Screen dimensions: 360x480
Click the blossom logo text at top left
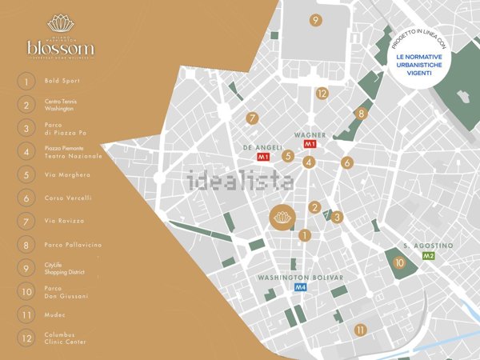click(60, 48)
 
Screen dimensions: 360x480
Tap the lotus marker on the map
click(282, 218)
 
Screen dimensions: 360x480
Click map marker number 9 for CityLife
click(316, 21)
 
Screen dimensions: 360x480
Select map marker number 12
click(322, 94)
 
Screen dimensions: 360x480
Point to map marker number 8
click(362, 114)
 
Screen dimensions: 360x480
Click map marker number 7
click(253, 118)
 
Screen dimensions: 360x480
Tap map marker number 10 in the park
click(400, 262)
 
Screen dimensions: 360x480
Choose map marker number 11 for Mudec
click(361, 330)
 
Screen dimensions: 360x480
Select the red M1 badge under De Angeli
click(262, 158)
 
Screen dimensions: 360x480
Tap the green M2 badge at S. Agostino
click(428, 256)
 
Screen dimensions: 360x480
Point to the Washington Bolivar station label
click(301, 278)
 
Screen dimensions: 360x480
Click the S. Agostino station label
click(428, 246)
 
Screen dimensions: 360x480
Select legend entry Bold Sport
click(63, 81)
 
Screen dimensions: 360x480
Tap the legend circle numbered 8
click(27, 245)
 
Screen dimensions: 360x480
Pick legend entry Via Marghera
click(68, 174)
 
